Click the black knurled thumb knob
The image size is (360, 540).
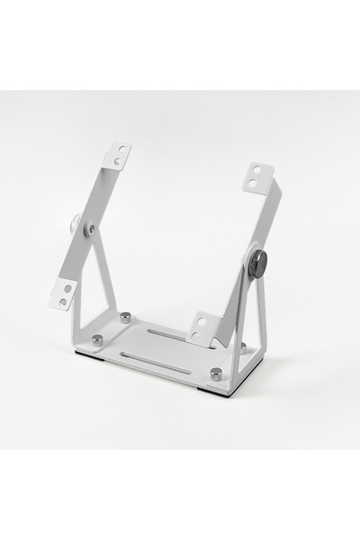pos(257,265)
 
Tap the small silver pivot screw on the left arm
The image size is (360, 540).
pos(88,230)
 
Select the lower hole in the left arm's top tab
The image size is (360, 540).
pos(116,162)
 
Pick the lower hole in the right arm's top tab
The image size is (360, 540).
pos(257,181)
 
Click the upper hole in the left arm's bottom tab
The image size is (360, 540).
pos(67,289)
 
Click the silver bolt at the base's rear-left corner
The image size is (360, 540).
pos(125,316)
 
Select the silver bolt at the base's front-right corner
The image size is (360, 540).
pos(216,373)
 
